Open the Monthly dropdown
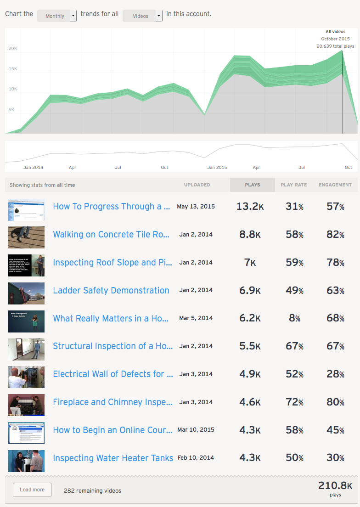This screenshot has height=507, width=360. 57,16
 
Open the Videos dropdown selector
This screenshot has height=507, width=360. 142,16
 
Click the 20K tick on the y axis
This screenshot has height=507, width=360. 13,48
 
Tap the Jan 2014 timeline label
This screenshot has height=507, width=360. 33,168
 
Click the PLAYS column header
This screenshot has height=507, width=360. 253,185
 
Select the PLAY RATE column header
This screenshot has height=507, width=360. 294,185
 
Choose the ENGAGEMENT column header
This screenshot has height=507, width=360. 335,185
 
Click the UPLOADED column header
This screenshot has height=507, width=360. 197,185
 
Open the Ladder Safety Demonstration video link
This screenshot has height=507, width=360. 111,290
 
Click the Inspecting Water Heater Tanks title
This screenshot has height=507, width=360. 113,458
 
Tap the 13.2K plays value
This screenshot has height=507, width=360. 248,207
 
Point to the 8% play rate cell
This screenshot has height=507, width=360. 294,318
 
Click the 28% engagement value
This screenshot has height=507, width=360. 335,374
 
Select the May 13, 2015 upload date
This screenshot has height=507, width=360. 196,207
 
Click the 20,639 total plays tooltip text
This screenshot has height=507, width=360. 335,46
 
